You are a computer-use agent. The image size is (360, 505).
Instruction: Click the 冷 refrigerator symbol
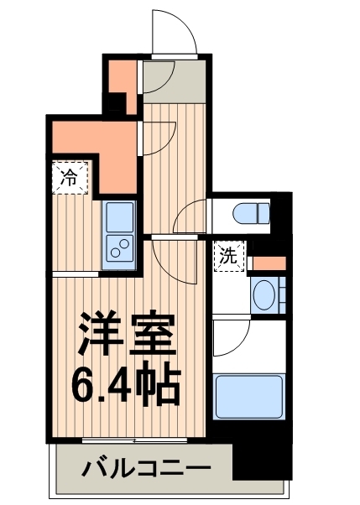tap(70, 177)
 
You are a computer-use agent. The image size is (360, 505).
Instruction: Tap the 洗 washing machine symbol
tap(227, 257)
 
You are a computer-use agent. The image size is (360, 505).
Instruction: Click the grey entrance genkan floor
tap(173, 81)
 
